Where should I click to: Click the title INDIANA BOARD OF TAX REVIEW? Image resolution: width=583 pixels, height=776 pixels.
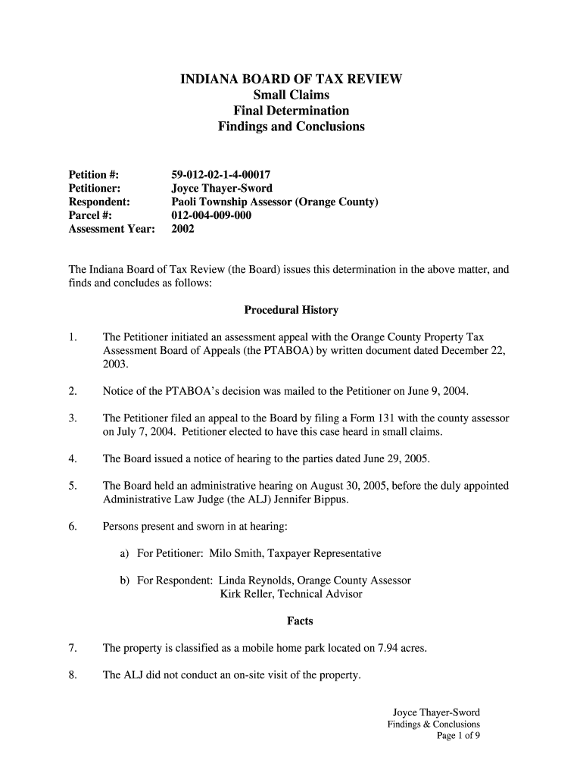click(x=291, y=79)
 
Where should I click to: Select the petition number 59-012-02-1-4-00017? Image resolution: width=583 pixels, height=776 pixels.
click(x=221, y=175)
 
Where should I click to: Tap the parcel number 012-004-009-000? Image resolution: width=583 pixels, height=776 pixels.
click(x=211, y=215)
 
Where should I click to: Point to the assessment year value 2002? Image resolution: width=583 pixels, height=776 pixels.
click(x=183, y=229)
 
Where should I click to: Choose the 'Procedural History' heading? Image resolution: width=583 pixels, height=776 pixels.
click(x=291, y=310)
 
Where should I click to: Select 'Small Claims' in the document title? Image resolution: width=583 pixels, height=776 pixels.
click(x=291, y=95)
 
